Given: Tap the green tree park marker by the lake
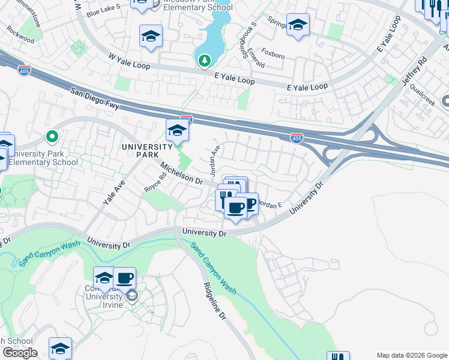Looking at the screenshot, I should coord(205,60).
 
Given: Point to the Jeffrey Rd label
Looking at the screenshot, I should coord(415,71).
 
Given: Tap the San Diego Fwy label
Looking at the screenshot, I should coord(95,100).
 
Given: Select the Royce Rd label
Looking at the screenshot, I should coord(155,182).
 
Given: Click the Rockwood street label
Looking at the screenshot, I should coord(21,37).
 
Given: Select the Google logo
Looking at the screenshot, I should coord(19,353).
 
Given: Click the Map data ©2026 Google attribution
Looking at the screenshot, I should coord(411,355).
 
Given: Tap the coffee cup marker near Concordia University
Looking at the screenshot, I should coord(124,278).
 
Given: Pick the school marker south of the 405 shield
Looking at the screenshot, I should coord(177,130).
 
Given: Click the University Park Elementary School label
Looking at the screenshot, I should coord(52,158).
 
